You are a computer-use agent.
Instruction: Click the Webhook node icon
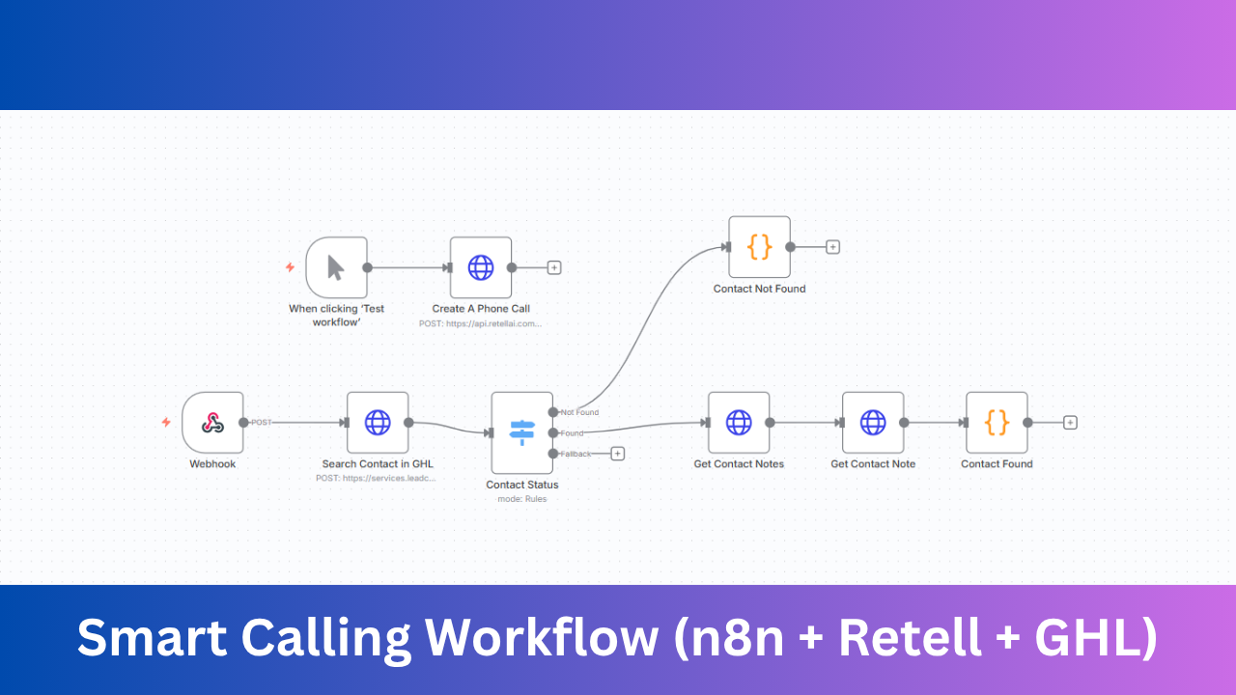[212, 422]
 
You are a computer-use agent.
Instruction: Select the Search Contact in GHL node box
[378, 422]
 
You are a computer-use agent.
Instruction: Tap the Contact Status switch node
[521, 431]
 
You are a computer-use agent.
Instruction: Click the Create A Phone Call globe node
[481, 267]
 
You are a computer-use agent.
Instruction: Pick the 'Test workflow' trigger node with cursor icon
[336, 267]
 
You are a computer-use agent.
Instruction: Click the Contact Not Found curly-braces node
[760, 246]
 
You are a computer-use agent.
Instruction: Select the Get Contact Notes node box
[739, 422]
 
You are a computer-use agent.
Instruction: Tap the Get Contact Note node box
[873, 422]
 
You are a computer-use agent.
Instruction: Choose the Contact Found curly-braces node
[997, 422]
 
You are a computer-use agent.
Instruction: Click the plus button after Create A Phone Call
[554, 267]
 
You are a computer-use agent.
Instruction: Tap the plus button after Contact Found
[1070, 422]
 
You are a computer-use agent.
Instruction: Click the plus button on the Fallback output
[618, 454]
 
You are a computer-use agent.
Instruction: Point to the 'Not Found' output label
[580, 412]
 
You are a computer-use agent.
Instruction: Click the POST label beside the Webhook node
[261, 422]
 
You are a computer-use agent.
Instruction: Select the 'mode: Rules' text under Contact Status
[521, 499]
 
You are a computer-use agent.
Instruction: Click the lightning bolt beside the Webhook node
[166, 422]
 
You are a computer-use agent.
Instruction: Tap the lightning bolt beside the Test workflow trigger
[290, 267]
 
